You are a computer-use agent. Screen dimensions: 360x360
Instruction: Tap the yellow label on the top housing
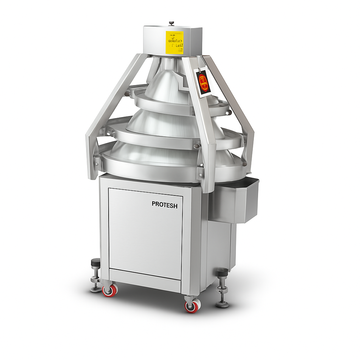click(174, 42)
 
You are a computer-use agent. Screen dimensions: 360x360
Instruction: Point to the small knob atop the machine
click(171, 23)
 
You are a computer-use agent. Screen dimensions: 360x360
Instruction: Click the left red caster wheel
click(110, 290)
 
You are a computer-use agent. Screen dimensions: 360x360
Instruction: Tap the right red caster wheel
click(193, 306)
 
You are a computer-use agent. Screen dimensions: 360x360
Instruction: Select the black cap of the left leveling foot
click(95, 263)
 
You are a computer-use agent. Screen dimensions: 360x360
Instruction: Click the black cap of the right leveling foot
click(222, 272)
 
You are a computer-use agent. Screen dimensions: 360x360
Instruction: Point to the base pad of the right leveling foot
click(222, 304)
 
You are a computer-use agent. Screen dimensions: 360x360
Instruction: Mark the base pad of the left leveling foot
click(95, 289)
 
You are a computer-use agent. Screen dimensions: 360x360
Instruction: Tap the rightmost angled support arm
click(239, 112)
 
